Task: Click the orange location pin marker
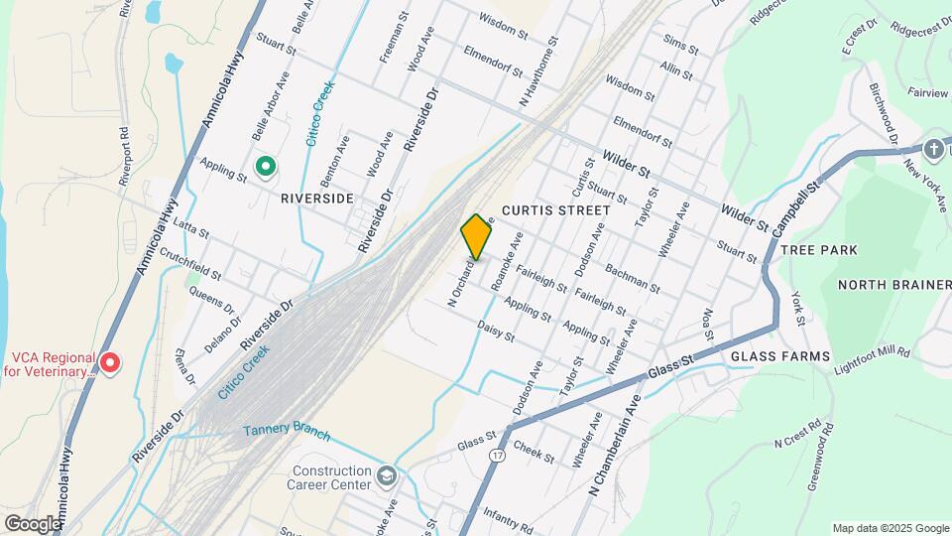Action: (476, 236)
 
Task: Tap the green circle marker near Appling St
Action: (265, 167)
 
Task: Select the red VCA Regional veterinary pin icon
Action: (110, 364)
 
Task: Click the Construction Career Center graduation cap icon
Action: (386, 477)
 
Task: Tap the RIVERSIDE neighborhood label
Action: (317, 199)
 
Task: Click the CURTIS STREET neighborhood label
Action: (555, 210)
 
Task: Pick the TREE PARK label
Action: (819, 250)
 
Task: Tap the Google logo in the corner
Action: (33, 523)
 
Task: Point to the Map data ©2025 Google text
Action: (891, 528)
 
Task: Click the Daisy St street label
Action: (496, 331)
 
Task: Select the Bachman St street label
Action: (632, 279)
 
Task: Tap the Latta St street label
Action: (190, 229)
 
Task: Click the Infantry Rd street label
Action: (508, 515)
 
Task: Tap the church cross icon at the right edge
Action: (932, 150)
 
